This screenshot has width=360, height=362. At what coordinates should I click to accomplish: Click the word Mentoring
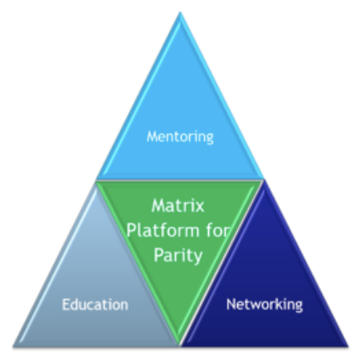click(180, 137)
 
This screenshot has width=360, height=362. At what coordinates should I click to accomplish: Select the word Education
click(95, 305)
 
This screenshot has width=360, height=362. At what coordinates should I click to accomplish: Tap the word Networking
click(265, 305)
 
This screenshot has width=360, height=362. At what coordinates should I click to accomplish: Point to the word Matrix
click(178, 206)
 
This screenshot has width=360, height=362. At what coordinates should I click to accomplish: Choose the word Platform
click(163, 230)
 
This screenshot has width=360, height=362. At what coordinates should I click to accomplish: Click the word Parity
click(178, 256)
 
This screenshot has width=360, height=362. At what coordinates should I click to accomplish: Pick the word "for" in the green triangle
click(218, 230)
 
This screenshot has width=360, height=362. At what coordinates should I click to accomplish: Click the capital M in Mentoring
click(153, 136)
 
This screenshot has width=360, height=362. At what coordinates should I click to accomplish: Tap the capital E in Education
click(66, 305)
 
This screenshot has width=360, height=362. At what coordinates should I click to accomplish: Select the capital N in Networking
click(231, 304)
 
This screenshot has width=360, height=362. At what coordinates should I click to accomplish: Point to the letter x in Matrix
click(199, 208)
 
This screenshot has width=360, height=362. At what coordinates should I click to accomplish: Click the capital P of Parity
click(158, 255)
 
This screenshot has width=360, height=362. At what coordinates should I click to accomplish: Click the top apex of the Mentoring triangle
click(180, 12)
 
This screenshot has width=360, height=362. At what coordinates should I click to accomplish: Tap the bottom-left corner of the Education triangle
click(13, 346)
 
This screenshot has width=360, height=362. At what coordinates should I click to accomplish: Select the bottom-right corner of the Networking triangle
click(348, 346)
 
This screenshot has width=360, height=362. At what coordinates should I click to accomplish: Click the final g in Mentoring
click(210, 139)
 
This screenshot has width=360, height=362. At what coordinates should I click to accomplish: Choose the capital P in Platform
click(132, 230)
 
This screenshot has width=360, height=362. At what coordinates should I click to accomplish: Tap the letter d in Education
click(75, 305)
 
